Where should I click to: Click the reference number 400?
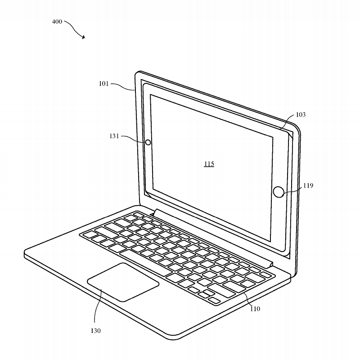point(57,22)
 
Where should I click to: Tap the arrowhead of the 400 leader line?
point(83,37)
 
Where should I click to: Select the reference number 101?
point(104,84)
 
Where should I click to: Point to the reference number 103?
point(301,115)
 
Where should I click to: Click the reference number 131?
point(114,136)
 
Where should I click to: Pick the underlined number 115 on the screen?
point(209,164)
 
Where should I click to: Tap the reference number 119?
point(308,185)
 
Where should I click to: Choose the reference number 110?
point(255,309)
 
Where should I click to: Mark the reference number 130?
point(95,331)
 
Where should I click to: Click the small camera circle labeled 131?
point(148,143)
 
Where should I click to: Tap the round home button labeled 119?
point(279,192)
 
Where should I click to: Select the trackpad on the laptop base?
point(123,282)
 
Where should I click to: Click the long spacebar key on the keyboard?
point(144,263)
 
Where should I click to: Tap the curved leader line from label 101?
point(123,86)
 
